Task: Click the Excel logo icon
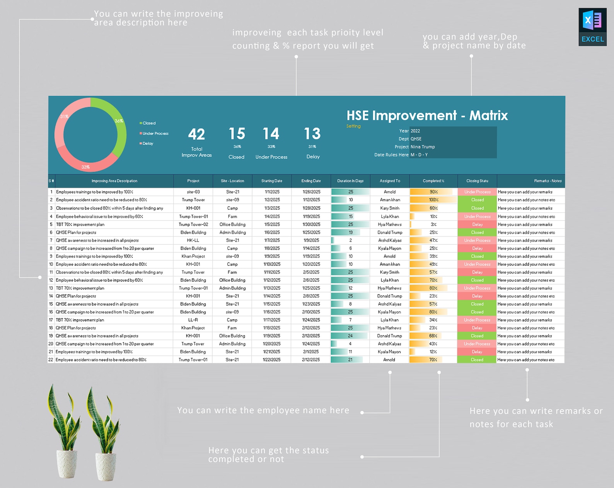pos(592,27)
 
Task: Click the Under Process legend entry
pos(155,133)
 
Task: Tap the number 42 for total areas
pos(196,134)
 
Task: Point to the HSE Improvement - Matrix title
pos(427,115)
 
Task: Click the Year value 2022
pos(415,131)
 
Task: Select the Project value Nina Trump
pos(423,147)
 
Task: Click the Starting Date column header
pos(272,181)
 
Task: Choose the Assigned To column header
pos(390,181)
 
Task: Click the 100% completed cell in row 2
pos(433,200)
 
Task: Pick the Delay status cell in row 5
pos(477,225)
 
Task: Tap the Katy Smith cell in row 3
pos(390,208)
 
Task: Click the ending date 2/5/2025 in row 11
pos(311,272)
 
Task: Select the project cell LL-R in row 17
pos(193,320)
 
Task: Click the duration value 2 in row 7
pos(351,241)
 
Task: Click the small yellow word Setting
pos(353,126)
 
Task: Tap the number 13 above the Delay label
pos(312,134)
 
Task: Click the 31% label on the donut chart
pos(64,116)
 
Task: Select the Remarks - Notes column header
pos(547,181)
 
